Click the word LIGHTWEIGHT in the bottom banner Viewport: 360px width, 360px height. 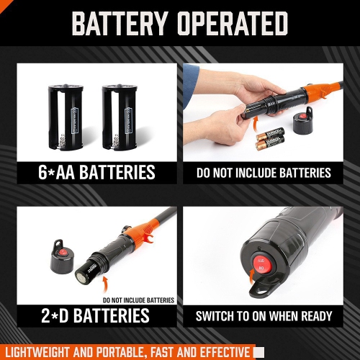pos(42,351)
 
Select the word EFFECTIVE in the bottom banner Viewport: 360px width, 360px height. pos(222,351)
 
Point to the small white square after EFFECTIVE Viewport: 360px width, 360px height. pos(259,351)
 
